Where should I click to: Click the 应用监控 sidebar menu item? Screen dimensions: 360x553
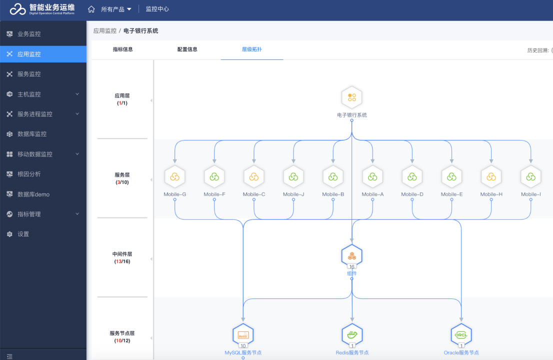pyautogui.click(x=29, y=54)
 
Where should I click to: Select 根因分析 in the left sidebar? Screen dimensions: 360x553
pyautogui.click(x=29, y=174)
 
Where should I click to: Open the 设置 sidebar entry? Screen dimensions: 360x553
pyautogui.click(x=23, y=234)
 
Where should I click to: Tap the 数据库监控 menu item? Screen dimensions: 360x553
pyautogui.click(x=32, y=134)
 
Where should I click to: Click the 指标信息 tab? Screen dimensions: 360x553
pyautogui.click(x=122, y=49)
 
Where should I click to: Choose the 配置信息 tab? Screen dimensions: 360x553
pyautogui.click(x=187, y=49)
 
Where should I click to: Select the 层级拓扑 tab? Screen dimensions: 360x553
pyautogui.click(x=251, y=49)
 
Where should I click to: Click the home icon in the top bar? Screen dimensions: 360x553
pyautogui.click(x=91, y=9)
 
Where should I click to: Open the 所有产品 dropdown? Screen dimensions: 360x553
pyautogui.click(x=116, y=9)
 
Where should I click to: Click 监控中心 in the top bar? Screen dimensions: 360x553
pyautogui.click(x=157, y=9)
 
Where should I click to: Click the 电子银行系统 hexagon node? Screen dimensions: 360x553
pyautogui.click(x=351, y=97)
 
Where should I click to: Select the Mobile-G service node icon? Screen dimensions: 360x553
pyautogui.click(x=175, y=176)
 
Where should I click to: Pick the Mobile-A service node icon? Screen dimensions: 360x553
pyautogui.click(x=372, y=176)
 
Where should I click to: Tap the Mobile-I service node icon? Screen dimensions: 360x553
pyautogui.click(x=530, y=176)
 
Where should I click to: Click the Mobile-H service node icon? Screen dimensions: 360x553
pyautogui.click(x=491, y=176)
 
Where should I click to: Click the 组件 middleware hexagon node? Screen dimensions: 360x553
pyautogui.click(x=351, y=255)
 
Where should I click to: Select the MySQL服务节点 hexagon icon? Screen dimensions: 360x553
pyautogui.click(x=243, y=334)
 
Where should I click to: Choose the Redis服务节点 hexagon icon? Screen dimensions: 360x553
pyautogui.click(x=352, y=334)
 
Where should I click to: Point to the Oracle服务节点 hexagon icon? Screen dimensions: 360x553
pyautogui.click(x=461, y=334)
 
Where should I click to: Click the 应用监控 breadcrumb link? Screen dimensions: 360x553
pyautogui.click(x=104, y=30)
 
